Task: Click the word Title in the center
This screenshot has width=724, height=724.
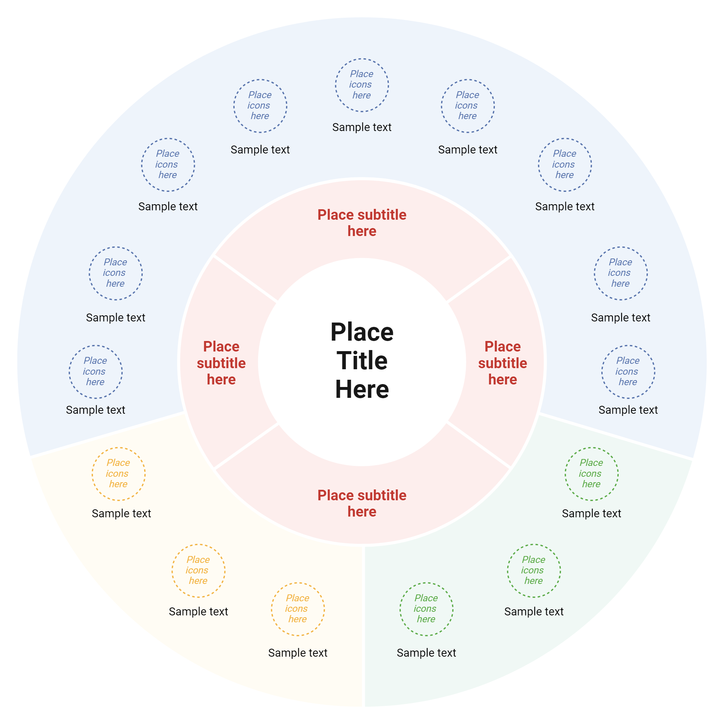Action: pos(362,361)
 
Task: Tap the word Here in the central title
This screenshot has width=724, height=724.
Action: pos(362,389)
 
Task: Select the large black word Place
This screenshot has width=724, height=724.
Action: pos(362,332)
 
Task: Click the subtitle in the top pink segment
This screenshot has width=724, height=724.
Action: pos(362,223)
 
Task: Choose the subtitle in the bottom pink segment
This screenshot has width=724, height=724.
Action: pos(362,503)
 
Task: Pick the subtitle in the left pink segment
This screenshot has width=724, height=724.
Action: pos(221,363)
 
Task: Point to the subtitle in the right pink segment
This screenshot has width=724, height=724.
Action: pos(502,363)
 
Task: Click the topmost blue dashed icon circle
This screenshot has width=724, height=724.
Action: pos(362,85)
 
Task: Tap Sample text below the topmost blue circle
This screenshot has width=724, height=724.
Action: pos(362,127)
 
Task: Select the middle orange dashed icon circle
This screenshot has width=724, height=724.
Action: pos(198,571)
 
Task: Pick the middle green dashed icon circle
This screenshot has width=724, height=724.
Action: pos(534,571)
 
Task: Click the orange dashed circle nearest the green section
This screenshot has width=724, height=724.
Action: pos(298,609)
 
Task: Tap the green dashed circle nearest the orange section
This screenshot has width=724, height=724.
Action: pos(426,609)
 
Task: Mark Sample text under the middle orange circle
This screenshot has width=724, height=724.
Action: pos(198,611)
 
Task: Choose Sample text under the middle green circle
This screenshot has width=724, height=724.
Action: pos(534,611)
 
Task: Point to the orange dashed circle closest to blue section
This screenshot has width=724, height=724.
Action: pos(118,473)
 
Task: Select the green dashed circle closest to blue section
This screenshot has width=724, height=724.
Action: pos(592,473)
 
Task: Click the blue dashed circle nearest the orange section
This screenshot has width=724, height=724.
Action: pos(96,371)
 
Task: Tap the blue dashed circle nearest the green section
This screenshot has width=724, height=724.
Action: pos(628,371)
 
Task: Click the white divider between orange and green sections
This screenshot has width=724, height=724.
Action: pos(364,626)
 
